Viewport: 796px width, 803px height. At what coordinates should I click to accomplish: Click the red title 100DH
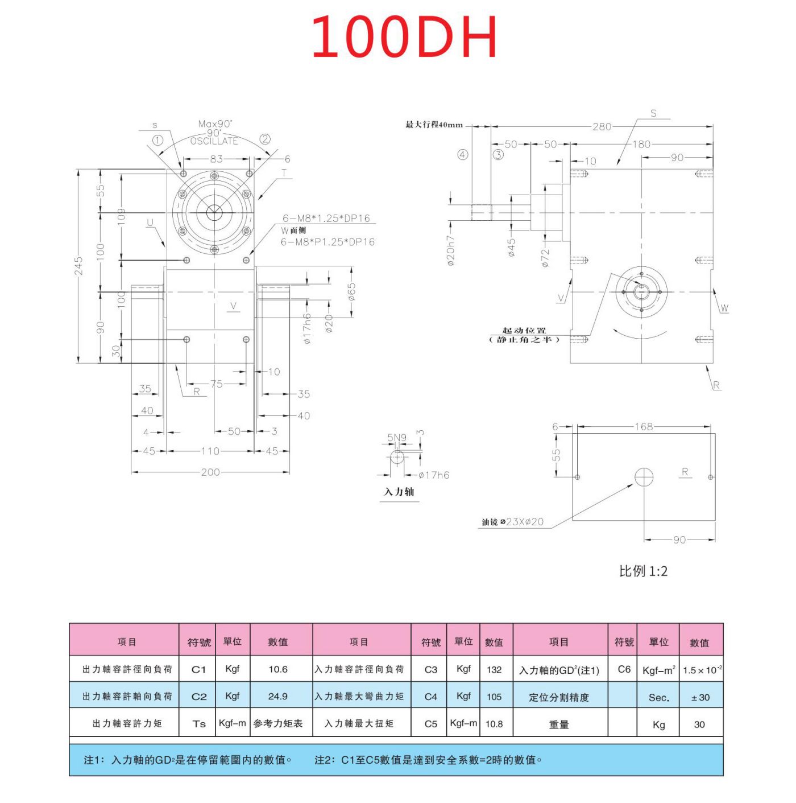404,37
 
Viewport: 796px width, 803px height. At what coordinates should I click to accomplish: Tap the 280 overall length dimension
602,126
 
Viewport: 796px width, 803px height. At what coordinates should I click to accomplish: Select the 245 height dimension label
78,266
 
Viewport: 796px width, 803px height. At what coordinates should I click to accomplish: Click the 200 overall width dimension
210,472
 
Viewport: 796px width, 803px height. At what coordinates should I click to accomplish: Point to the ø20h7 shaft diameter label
450,251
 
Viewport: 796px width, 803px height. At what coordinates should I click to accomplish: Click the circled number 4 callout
463,155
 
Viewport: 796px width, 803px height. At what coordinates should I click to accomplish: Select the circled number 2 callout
265,139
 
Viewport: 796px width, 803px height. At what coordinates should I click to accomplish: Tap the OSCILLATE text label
214,141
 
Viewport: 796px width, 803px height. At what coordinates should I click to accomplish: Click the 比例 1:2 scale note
643,571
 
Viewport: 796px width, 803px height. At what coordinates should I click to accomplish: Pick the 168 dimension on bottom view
644,426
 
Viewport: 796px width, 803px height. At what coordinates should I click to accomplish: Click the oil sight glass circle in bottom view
644,477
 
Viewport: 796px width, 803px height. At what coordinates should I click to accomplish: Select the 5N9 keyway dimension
397,438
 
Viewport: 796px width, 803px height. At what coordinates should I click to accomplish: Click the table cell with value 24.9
277,696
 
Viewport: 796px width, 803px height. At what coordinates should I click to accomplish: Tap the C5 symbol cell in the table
430,723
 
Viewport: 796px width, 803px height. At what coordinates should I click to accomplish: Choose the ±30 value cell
700,697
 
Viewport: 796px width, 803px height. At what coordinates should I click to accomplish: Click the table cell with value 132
494,669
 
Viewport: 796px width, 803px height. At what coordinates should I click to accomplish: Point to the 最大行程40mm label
434,125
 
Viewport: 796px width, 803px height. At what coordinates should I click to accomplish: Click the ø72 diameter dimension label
545,257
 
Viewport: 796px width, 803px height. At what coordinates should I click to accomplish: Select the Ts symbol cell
198,723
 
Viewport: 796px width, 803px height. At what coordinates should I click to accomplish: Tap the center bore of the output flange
214,213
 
